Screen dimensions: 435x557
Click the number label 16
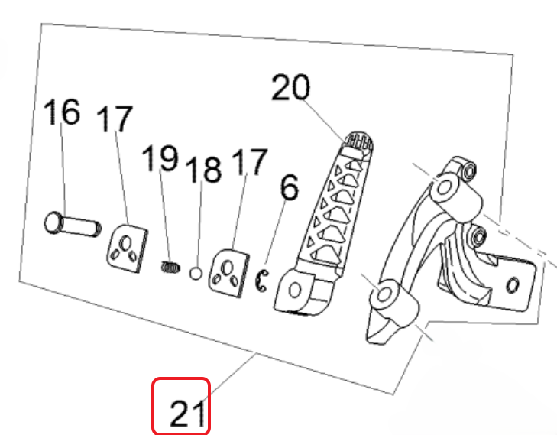click(x=61, y=113)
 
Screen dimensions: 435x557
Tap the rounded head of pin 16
click(x=52, y=224)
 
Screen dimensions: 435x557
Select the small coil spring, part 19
click(x=171, y=267)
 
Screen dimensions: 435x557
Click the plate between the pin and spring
click(x=126, y=248)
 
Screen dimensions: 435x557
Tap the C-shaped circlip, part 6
click(x=261, y=281)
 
